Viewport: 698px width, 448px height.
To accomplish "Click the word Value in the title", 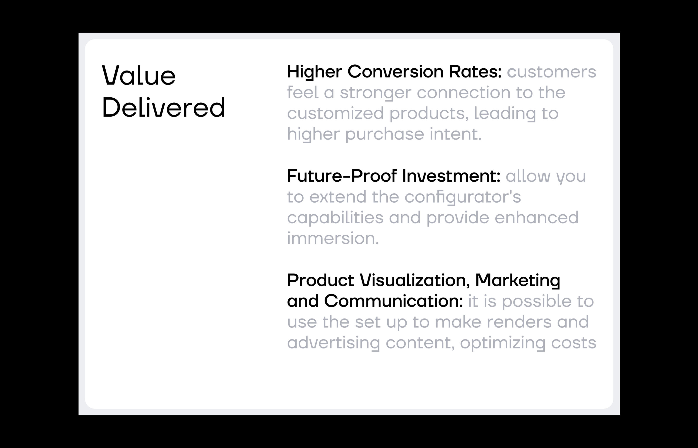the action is pos(139,75).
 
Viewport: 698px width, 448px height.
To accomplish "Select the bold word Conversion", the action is pos(395,72).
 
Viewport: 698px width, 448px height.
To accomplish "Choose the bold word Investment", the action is pos(451,176).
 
